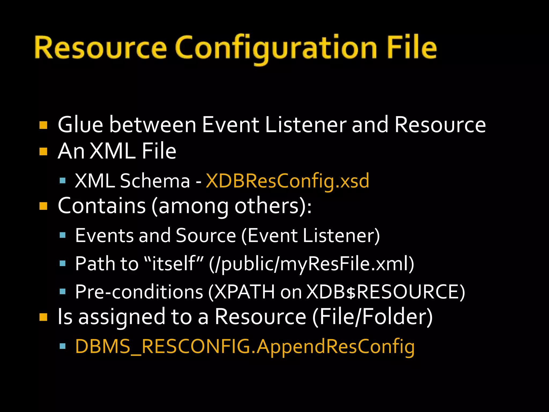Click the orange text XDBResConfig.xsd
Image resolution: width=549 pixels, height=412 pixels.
(x=287, y=181)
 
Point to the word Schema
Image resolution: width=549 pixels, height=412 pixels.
(x=155, y=181)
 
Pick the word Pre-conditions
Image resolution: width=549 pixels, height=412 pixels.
(x=139, y=292)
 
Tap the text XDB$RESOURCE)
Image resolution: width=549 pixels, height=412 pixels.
(x=385, y=292)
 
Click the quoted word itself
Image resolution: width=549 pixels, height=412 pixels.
(x=174, y=264)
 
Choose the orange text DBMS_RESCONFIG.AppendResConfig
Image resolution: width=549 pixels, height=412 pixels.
(x=245, y=347)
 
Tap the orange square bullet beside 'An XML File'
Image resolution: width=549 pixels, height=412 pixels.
(x=43, y=152)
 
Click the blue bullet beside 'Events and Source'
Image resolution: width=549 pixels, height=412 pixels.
(x=63, y=236)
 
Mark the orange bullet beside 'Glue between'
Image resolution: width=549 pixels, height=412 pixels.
(x=43, y=125)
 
